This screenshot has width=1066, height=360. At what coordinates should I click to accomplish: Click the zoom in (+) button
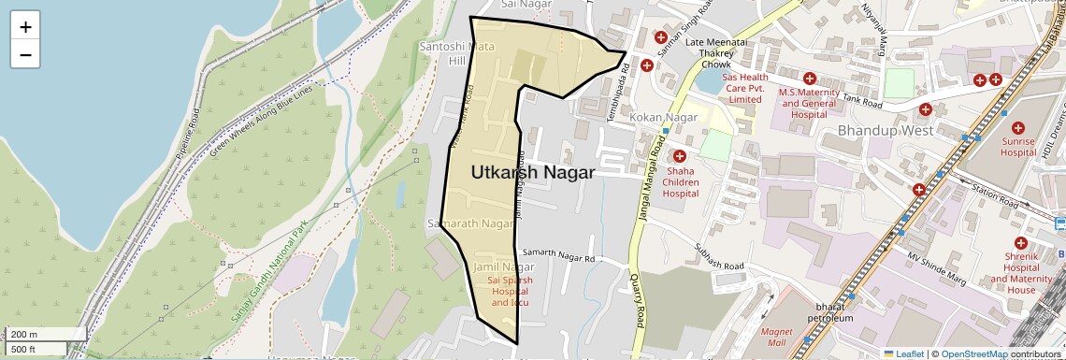click(25, 27)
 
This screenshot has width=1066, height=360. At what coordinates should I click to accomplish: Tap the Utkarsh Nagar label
click(532, 173)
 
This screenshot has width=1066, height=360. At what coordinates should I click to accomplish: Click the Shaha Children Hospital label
click(681, 181)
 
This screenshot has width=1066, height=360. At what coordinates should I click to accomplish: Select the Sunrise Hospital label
click(1018, 147)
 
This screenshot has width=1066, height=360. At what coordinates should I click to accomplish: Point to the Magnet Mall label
click(777, 337)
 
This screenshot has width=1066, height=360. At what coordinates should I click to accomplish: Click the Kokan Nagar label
click(664, 117)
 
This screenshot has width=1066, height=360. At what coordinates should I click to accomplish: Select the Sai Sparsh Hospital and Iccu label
click(510, 291)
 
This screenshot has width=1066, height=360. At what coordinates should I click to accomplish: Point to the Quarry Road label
click(637, 300)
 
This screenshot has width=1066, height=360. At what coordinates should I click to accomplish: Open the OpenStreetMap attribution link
click(974, 353)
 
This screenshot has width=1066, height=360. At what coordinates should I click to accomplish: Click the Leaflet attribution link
click(904, 353)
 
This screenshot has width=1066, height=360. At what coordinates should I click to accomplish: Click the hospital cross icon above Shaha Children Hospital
click(680, 156)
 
